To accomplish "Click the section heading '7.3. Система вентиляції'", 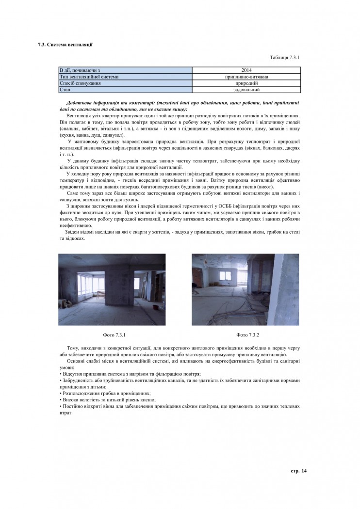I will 65,45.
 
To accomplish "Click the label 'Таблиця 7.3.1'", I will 285,57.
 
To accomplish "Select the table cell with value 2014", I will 246,70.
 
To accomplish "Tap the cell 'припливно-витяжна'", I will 246,77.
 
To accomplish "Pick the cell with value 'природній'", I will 246,83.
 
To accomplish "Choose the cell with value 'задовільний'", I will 246,89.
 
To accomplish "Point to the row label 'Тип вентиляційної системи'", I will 89,77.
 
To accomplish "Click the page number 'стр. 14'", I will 299,471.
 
